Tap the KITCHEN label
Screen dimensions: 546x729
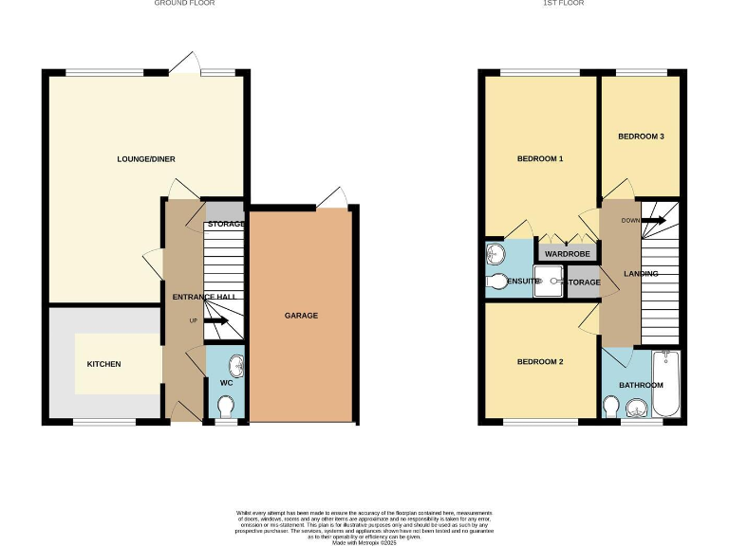click(104, 364)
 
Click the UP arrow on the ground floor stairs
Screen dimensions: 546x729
click(215, 321)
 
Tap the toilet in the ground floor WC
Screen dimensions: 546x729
click(225, 406)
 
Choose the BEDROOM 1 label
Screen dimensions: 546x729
click(540, 158)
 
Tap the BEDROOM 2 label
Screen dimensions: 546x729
click(540, 362)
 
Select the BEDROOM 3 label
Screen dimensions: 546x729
click(641, 136)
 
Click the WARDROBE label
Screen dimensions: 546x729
click(568, 254)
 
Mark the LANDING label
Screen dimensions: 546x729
click(640, 274)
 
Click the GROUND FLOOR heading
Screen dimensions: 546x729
click(184, 4)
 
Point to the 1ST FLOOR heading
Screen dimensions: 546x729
click(564, 4)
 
